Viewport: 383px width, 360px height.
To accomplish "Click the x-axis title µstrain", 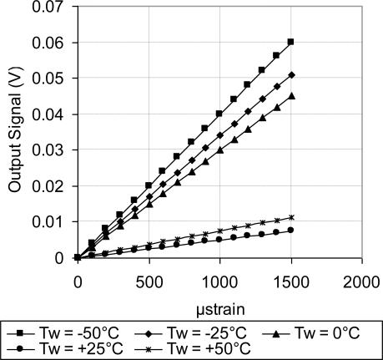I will pyautogui.click(x=219, y=302).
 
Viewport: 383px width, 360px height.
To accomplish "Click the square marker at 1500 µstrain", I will pyautogui.click(x=290, y=42).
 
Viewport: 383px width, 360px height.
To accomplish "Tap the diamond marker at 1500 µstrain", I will pyautogui.click(x=290, y=74).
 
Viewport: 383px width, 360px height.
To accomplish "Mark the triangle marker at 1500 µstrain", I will pyautogui.click(x=290, y=95).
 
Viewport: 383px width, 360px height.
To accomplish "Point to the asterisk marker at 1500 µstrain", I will pyautogui.click(x=290, y=217).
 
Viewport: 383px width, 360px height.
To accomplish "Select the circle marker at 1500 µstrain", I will pyautogui.click(x=290, y=230).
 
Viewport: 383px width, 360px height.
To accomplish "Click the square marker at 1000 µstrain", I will pyautogui.click(x=219, y=114).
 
